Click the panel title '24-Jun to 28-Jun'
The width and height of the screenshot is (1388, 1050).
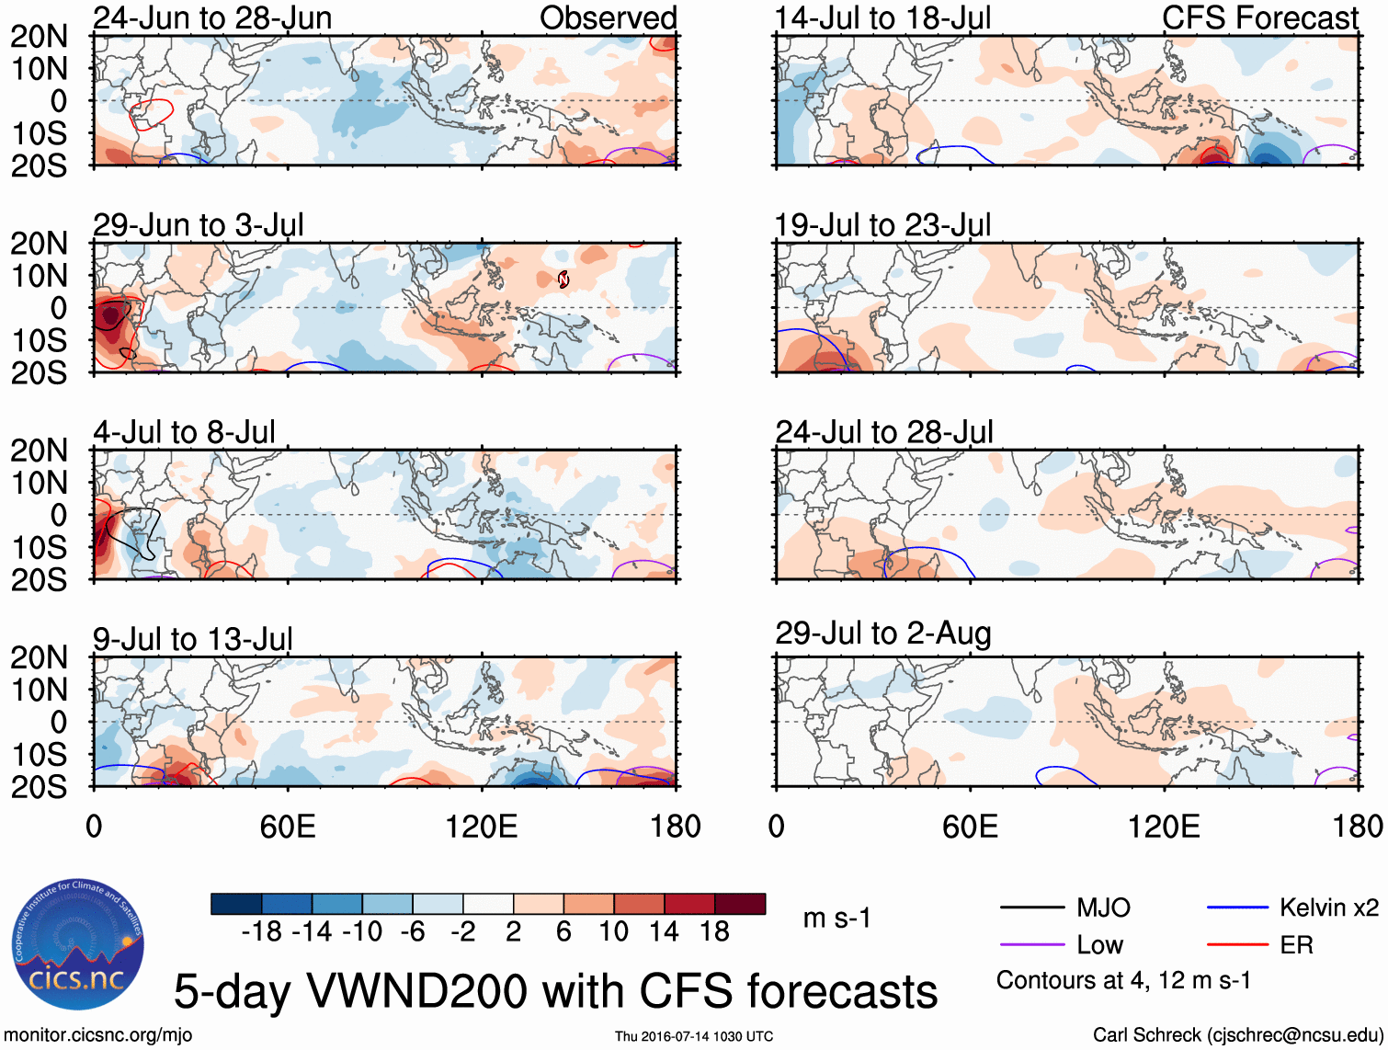[212, 17]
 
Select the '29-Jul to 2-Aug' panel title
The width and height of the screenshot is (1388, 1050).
[882, 633]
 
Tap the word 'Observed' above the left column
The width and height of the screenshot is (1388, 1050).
[608, 17]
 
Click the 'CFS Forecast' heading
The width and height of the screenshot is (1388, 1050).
[1259, 17]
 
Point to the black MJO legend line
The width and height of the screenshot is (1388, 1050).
[1031, 908]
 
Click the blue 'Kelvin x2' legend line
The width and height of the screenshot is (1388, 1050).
[1237, 908]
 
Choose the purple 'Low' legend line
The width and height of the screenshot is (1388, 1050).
[1031, 945]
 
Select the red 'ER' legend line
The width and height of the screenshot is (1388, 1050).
[1237, 945]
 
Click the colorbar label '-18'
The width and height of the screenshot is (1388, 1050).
[262, 932]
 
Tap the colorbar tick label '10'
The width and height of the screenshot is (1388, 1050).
[613, 932]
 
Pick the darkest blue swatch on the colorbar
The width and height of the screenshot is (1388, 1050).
[236, 904]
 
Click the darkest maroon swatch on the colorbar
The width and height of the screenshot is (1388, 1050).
[740, 904]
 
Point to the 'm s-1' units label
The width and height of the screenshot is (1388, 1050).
[836, 919]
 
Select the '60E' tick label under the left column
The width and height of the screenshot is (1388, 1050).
[288, 827]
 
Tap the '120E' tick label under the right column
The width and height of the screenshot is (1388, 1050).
[1164, 827]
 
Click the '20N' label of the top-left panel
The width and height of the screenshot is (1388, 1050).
[39, 37]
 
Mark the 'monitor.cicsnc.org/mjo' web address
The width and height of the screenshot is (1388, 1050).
[98, 1035]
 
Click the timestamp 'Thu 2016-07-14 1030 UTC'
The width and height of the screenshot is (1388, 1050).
[694, 1036]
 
